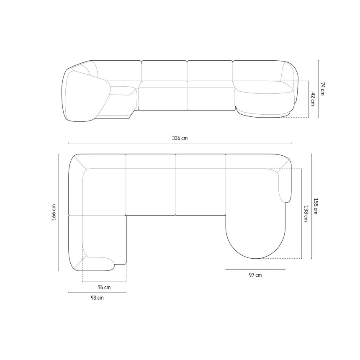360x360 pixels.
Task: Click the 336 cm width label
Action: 180,138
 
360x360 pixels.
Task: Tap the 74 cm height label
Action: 323,89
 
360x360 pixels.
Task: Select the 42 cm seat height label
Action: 313,99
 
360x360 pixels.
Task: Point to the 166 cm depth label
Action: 54,212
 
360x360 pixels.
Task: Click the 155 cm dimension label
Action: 316,206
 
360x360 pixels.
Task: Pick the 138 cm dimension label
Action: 306,213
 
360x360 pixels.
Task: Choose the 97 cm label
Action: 255,275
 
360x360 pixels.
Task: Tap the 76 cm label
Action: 104,287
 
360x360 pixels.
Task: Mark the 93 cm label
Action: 98,298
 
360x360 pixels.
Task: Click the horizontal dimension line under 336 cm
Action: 180,143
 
